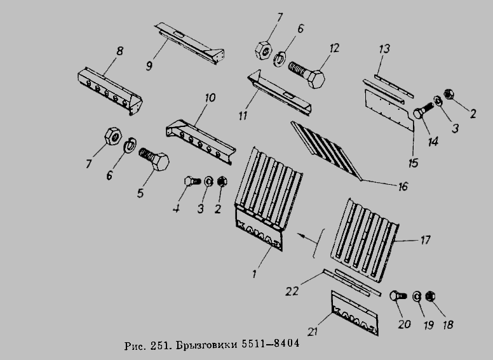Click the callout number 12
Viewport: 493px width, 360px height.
point(334,49)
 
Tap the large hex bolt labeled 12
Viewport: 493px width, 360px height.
point(307,74)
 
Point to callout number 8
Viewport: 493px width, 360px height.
point(120,51)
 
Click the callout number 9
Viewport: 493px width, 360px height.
point(149,65)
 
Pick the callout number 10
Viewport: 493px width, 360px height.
point(210,98)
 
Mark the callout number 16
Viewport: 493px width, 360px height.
point(403,186)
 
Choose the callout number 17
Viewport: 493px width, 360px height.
point(425,240)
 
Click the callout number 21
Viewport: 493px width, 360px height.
point(313,331)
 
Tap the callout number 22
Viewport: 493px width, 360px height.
point(292,291)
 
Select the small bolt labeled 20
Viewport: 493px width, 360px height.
point(398,296)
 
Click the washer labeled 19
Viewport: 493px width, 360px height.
point(417,297)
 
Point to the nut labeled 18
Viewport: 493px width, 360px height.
point(430,297)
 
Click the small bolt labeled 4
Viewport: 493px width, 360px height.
point(192,181)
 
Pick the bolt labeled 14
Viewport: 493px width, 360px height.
point(423,110)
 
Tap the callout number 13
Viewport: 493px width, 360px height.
point(384,49)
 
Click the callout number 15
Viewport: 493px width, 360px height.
point(414,163)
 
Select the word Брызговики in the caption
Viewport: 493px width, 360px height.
point(206,344)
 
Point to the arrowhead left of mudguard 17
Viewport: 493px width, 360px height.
point(301,235)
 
